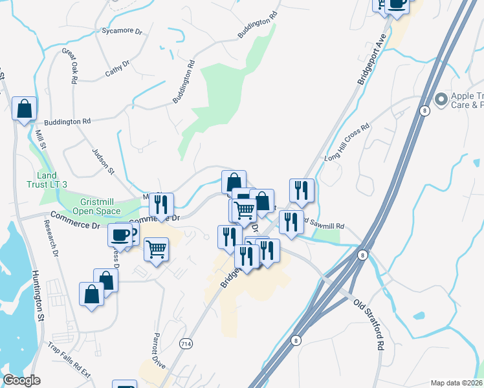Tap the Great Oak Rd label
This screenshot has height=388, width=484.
click(70, 64)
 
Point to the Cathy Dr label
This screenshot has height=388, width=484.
click(117, 69)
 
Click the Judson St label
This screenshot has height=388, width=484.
click(104, 160)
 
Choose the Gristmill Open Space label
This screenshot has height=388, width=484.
click(96, 206)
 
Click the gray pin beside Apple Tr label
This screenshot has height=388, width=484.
click(442, 100)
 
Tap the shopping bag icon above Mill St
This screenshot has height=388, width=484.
click(25, 108)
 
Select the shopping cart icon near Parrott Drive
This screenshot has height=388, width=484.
click(156, 248)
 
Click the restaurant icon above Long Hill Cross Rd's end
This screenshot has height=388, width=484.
click(302, 191)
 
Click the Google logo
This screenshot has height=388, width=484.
click(21, 380)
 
